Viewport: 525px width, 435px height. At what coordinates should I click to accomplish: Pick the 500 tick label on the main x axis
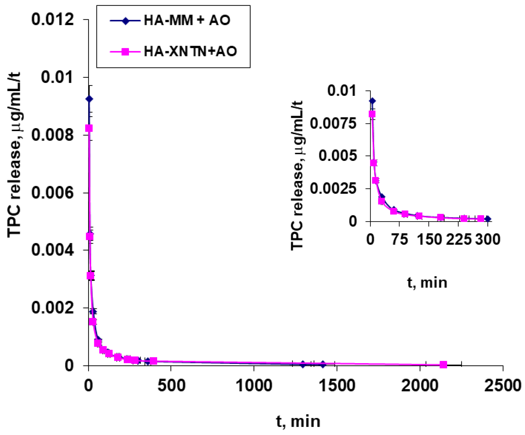[x=171, y=385]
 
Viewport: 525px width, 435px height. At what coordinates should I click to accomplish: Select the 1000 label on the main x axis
[x=254, y=385]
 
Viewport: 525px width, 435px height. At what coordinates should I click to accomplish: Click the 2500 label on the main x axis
[x=503, y=385]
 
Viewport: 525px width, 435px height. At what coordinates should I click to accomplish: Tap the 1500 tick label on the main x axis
[x=337, y=385]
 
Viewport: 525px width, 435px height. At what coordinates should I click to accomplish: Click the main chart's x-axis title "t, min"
[x=298, y=421]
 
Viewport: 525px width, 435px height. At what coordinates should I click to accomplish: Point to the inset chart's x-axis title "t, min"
[x=427, y=283]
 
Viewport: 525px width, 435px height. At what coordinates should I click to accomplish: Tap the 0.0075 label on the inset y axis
[x=333, y=124]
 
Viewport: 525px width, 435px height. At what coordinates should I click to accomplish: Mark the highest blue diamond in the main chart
[x=89, y=99]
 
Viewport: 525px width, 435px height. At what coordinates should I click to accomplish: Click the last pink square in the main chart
[x=443, y=365]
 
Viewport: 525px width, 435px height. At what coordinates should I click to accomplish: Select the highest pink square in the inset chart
[x=372, y=114]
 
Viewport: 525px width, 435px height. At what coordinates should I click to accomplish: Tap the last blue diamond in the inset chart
[x=488, y=219]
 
